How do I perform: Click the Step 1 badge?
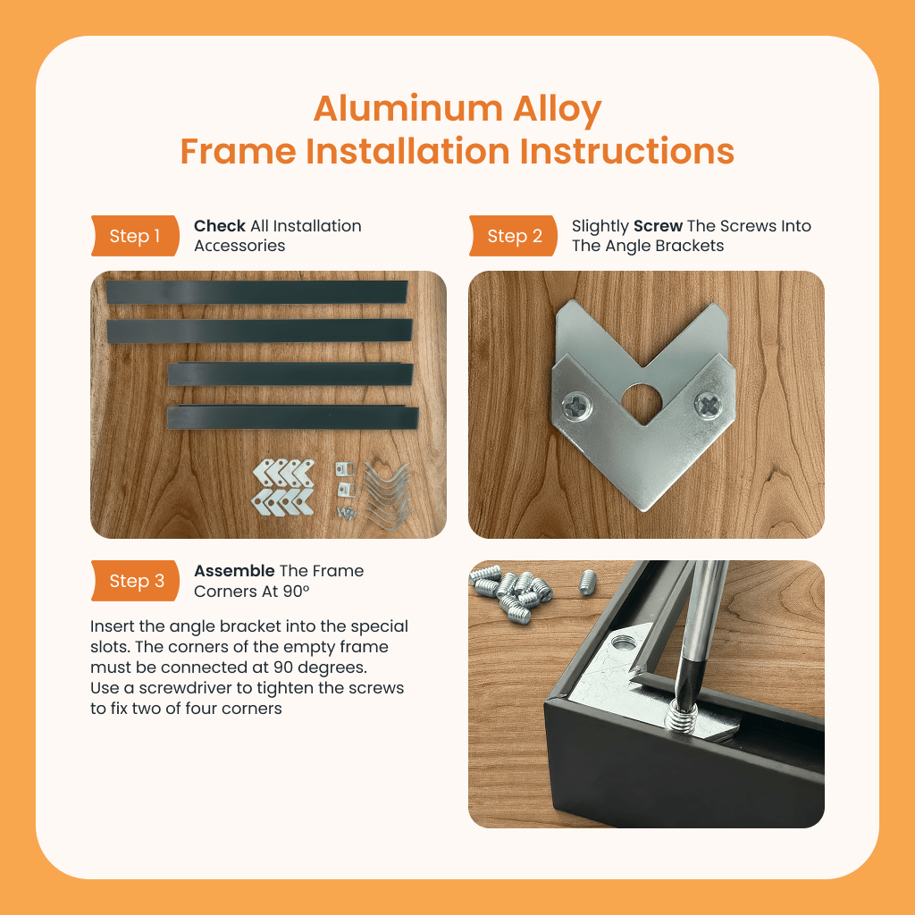coord(135,236)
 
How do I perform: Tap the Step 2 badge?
coord(513,236)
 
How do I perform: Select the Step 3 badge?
coord(135,581)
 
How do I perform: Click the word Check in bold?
coord(220,226)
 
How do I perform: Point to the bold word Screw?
coord(658,226)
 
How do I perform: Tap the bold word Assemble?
coord(234,571)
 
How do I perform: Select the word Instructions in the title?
coord(626,151)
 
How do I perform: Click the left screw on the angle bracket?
coord(576,406)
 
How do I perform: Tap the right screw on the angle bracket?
coord(709,405)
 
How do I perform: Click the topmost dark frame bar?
coord(256,292)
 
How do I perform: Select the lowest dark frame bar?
coord(293,417)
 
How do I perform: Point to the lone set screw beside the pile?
coord(587,583)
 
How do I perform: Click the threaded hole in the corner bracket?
coord(623,643)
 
